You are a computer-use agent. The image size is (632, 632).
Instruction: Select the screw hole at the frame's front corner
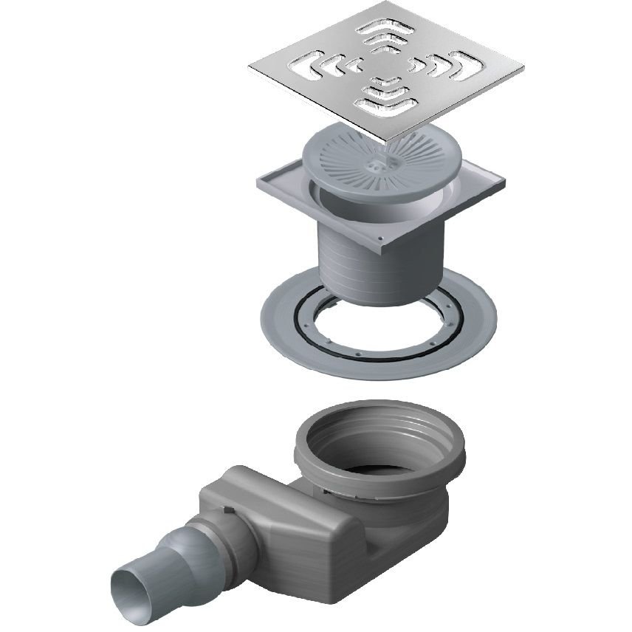coord(379,240)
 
